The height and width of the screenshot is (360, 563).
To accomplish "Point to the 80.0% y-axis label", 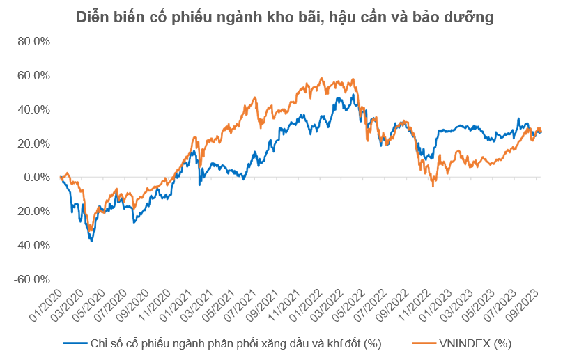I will point(33,41).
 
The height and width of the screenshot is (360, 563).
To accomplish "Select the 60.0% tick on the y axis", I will point(33,75).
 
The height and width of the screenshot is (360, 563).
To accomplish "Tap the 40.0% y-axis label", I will point(33,109).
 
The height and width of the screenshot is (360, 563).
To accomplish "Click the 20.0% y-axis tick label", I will point(33,143).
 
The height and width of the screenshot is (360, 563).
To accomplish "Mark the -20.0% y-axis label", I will point(32,212).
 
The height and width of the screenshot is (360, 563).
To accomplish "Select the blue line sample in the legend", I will point(75,343).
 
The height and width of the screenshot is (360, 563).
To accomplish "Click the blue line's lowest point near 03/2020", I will point(91,241).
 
